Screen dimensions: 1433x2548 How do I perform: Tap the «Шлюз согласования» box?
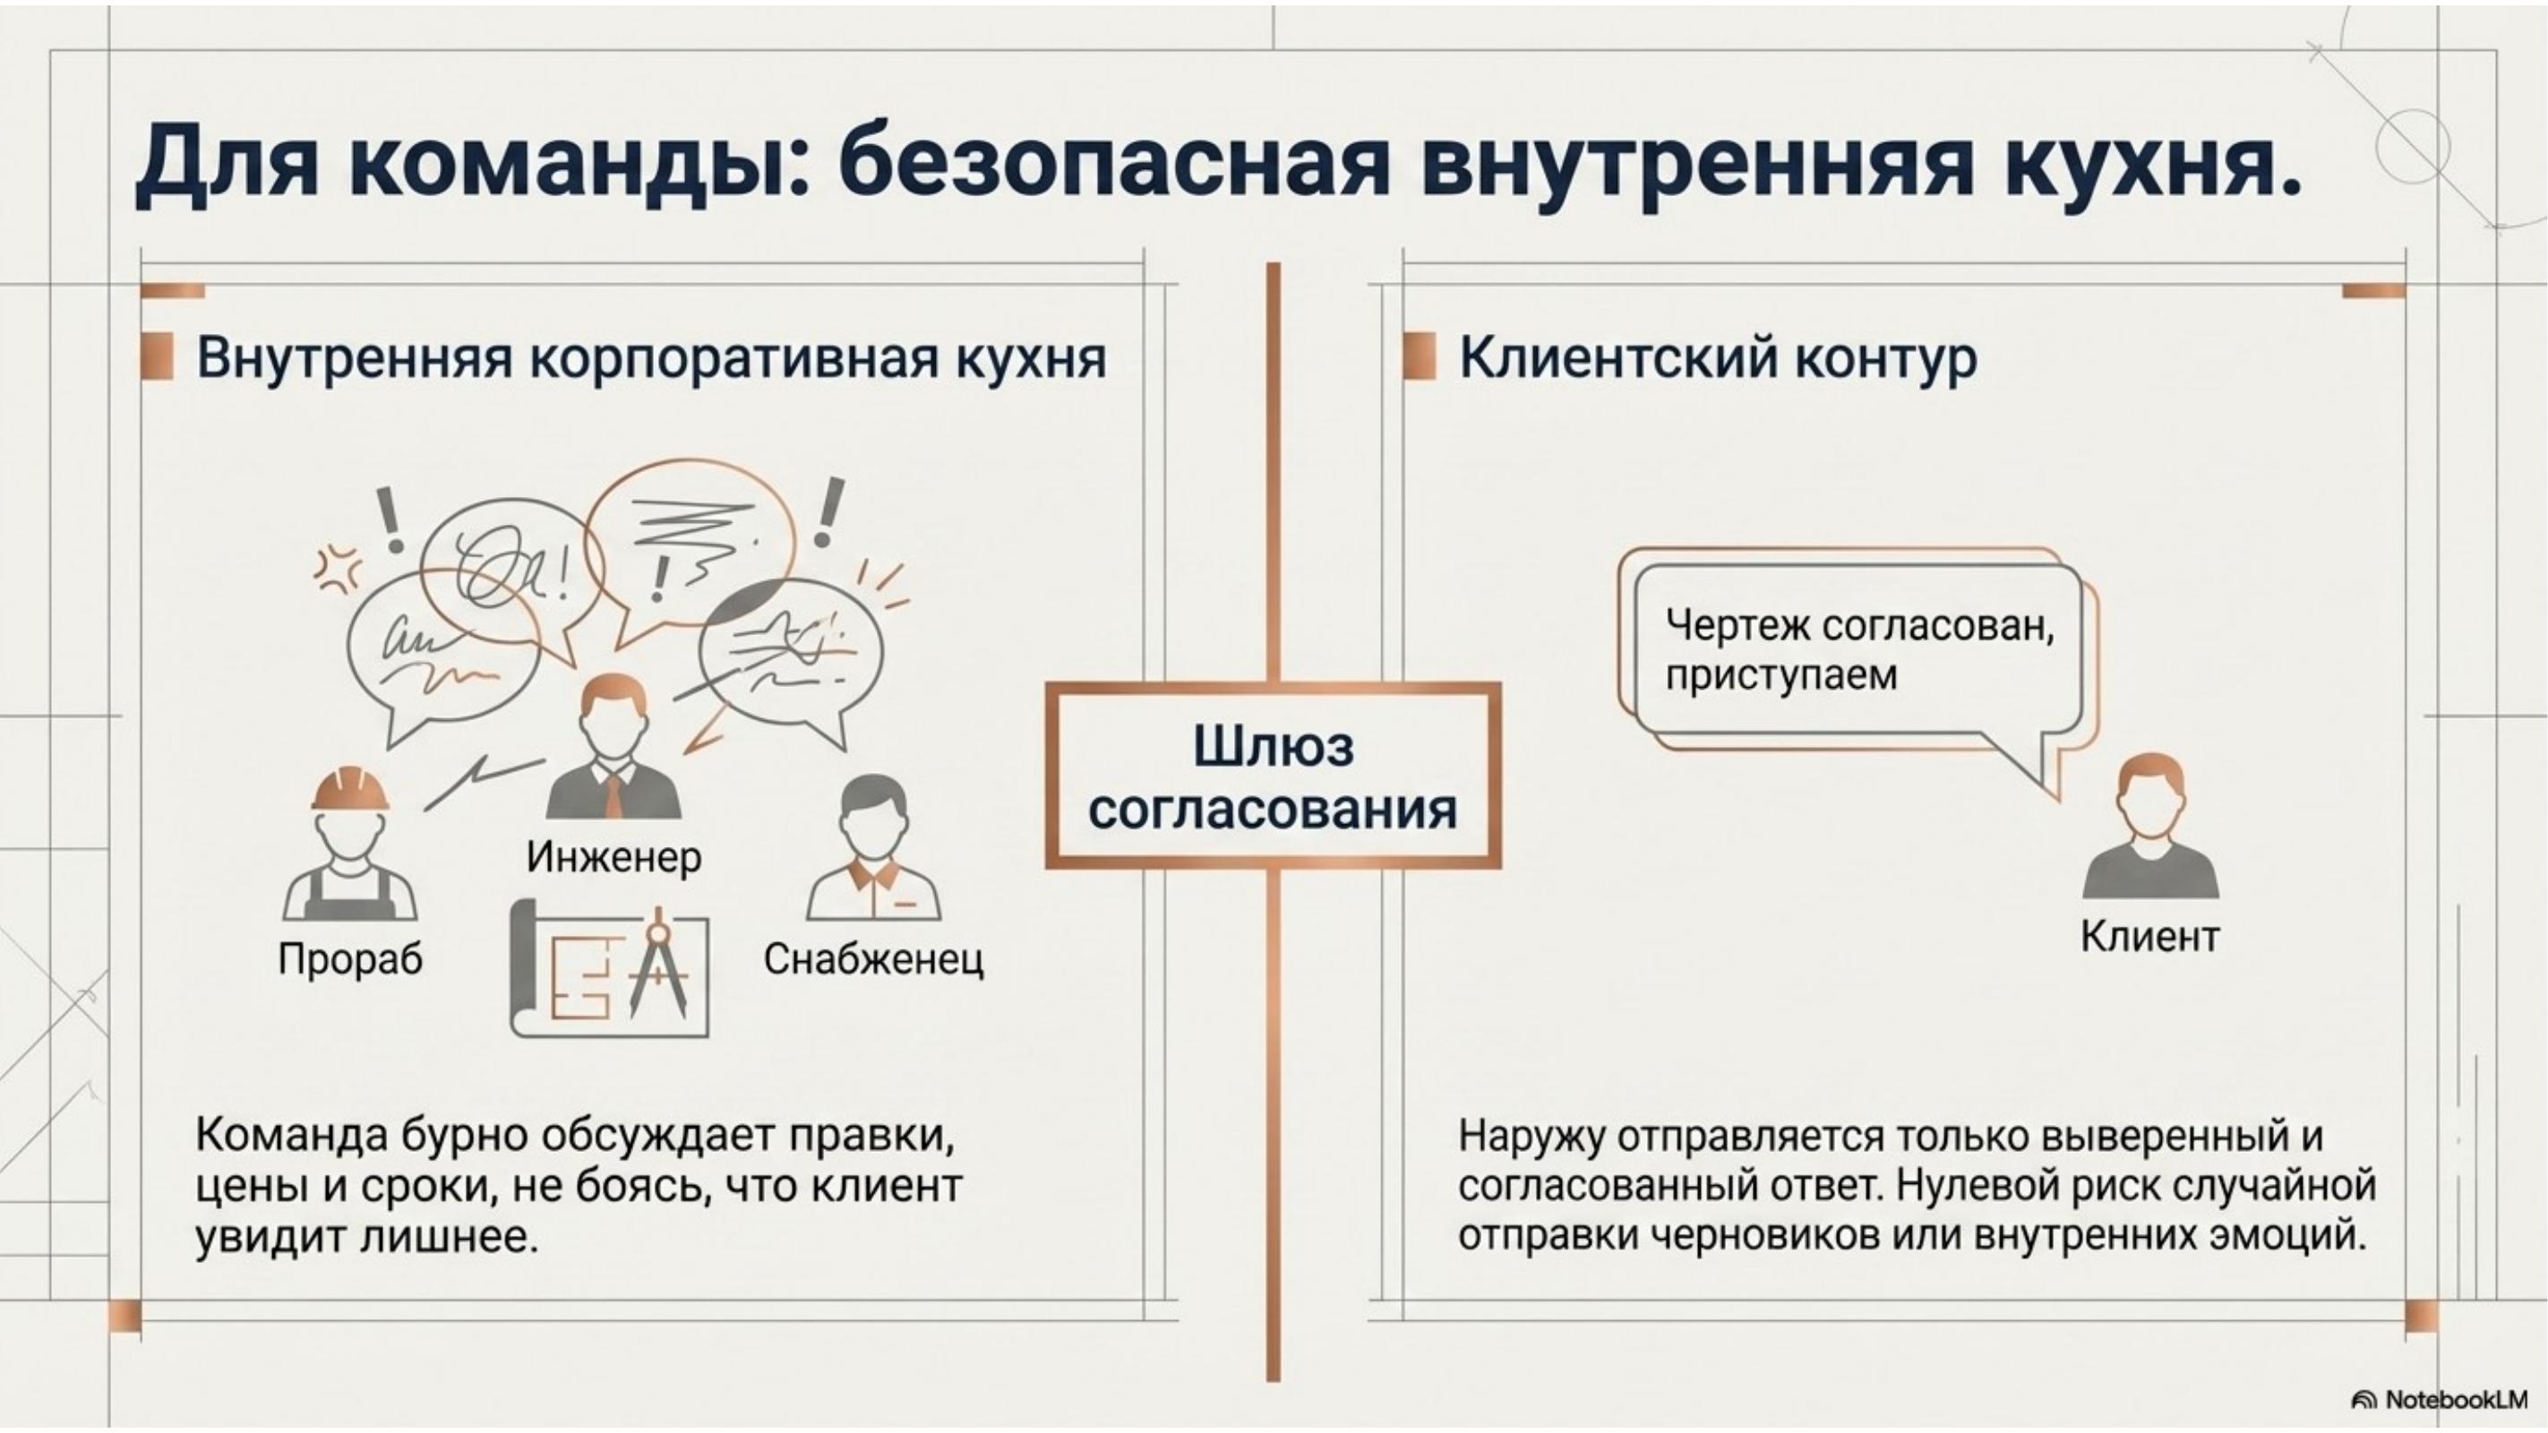click(x=1273, y=777)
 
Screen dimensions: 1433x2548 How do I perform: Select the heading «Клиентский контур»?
click(x=1718, y=358)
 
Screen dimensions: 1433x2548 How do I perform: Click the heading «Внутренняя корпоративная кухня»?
click(x=651, y=358)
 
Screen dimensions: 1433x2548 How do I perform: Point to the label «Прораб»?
click(x=350, y=958)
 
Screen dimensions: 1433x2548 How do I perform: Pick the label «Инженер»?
click(x=613, y=856)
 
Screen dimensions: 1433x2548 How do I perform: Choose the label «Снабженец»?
click(x=873, y=958)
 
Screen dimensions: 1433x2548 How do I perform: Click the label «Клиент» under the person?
click(x=2149, y=936)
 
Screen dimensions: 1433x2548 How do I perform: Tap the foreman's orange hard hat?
click(x=350, y=788)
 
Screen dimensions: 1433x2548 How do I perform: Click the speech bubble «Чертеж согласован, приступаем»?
click(x=1859, y=649)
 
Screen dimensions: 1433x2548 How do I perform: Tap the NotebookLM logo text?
click(x=2457, y=1398)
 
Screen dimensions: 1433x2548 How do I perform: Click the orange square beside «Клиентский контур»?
click(x=1420, y=356)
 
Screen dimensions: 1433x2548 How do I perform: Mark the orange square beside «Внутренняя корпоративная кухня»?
click(x=158, y=356)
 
